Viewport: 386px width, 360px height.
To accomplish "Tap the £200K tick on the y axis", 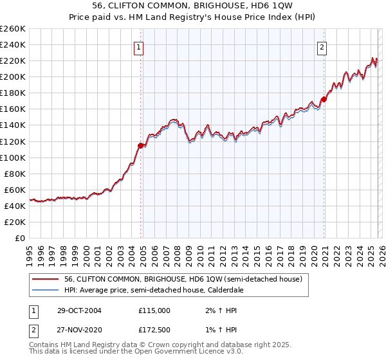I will click(x=13, y=76).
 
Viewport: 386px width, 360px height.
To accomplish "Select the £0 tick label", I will click(x=19, y=238).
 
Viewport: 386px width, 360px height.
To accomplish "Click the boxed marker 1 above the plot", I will click(x=138, y=46).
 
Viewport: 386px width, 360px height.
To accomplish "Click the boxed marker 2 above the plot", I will click(x=322, y=46).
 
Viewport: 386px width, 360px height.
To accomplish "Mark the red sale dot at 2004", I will click(x=141, y=145).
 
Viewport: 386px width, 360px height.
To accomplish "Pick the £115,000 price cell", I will click(x=154, y=310).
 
